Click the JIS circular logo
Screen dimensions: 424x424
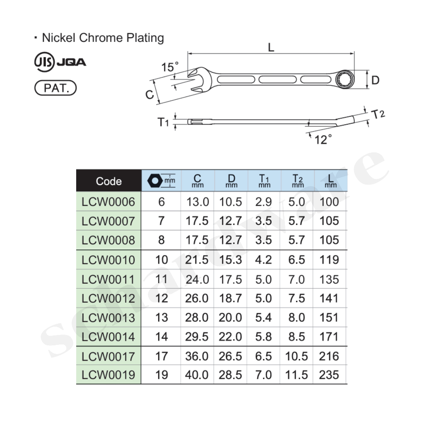pos(44,62)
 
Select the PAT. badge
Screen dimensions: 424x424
pos(56,88)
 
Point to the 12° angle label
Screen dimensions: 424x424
pos(323,140)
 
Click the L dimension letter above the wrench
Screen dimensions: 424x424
pos(271,48)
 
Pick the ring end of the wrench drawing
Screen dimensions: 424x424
pos(343,79)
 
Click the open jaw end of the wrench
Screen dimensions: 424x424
pos(199,79)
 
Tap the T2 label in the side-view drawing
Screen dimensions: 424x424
pos(378,114)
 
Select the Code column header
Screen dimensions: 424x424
pos(109,181)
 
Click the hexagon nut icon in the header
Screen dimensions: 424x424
pos(155,181)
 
